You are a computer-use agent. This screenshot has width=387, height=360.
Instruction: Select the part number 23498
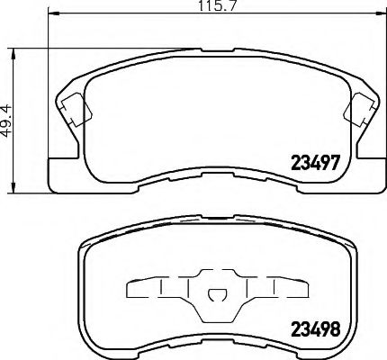point(314,329)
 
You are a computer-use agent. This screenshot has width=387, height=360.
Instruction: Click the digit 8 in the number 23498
point(335,329)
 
